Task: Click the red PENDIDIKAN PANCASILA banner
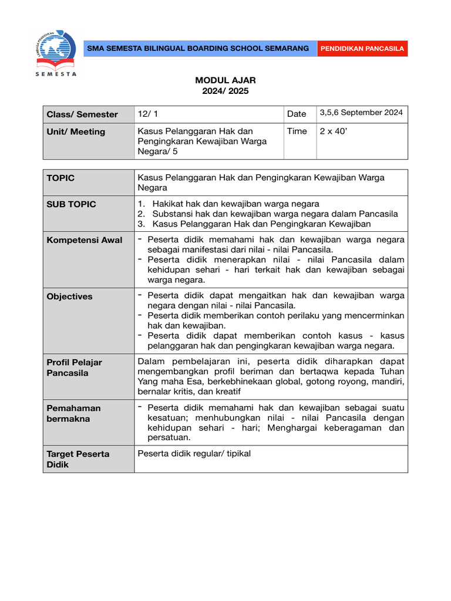pyautogui.click(x=362, y=49)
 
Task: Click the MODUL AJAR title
pyautogui.click(x=225, y=80)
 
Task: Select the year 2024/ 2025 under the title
pyautogui.click(x=225, y=91)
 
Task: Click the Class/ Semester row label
pyautogui.click(x=82, y=114)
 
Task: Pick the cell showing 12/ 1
pyautogui.click(x=144, y=114)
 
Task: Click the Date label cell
pyautogui.click(x=297, y=113)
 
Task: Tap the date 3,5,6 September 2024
pyautogui.click(x=361, y=113)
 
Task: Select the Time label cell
pyautogui.click(x=297, y=131)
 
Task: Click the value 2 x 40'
pyautogui.click(x=332, y=131)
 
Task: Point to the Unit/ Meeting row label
pyautogui.click(x=76, y=132)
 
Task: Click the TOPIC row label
pyautogui.click(x=60, y=178)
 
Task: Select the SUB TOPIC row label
pyautogui.click(x=71, y=204)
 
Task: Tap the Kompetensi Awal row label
pyautogui.click(x=85, y=240)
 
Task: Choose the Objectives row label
pyautogui.click(x=69, y=297)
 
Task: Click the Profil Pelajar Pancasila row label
pyautogui.click(x=74, y=367)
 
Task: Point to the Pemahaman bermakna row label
pyautogui.click(x=73, y=413)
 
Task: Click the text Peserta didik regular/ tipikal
pyautogui.click(x=194, y=453)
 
